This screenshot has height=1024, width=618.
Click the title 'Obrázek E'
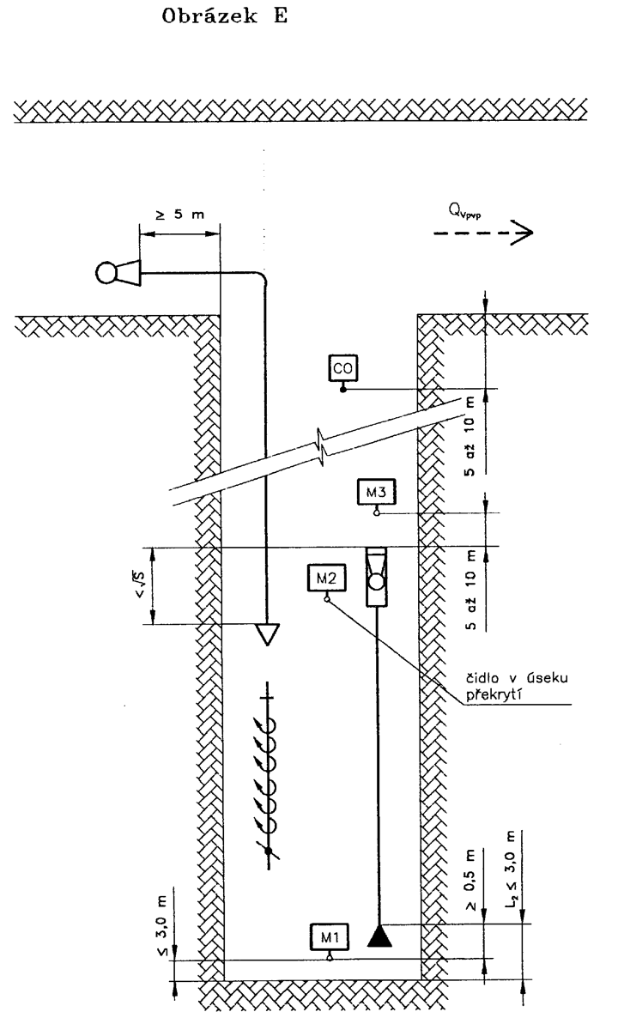[x=224, y=16]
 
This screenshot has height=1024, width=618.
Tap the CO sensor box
[x=343, y=368]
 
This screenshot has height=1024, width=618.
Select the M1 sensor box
[x=330, y=938]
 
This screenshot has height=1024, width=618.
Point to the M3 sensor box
[x=376, y=493]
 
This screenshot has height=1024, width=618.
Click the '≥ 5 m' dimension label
[x=179, y=215]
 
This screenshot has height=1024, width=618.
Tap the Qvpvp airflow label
[x=464, y=211]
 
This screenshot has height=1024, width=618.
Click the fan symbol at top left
[x=118, y=272]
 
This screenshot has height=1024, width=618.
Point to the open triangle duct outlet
[x=267, y=633]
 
